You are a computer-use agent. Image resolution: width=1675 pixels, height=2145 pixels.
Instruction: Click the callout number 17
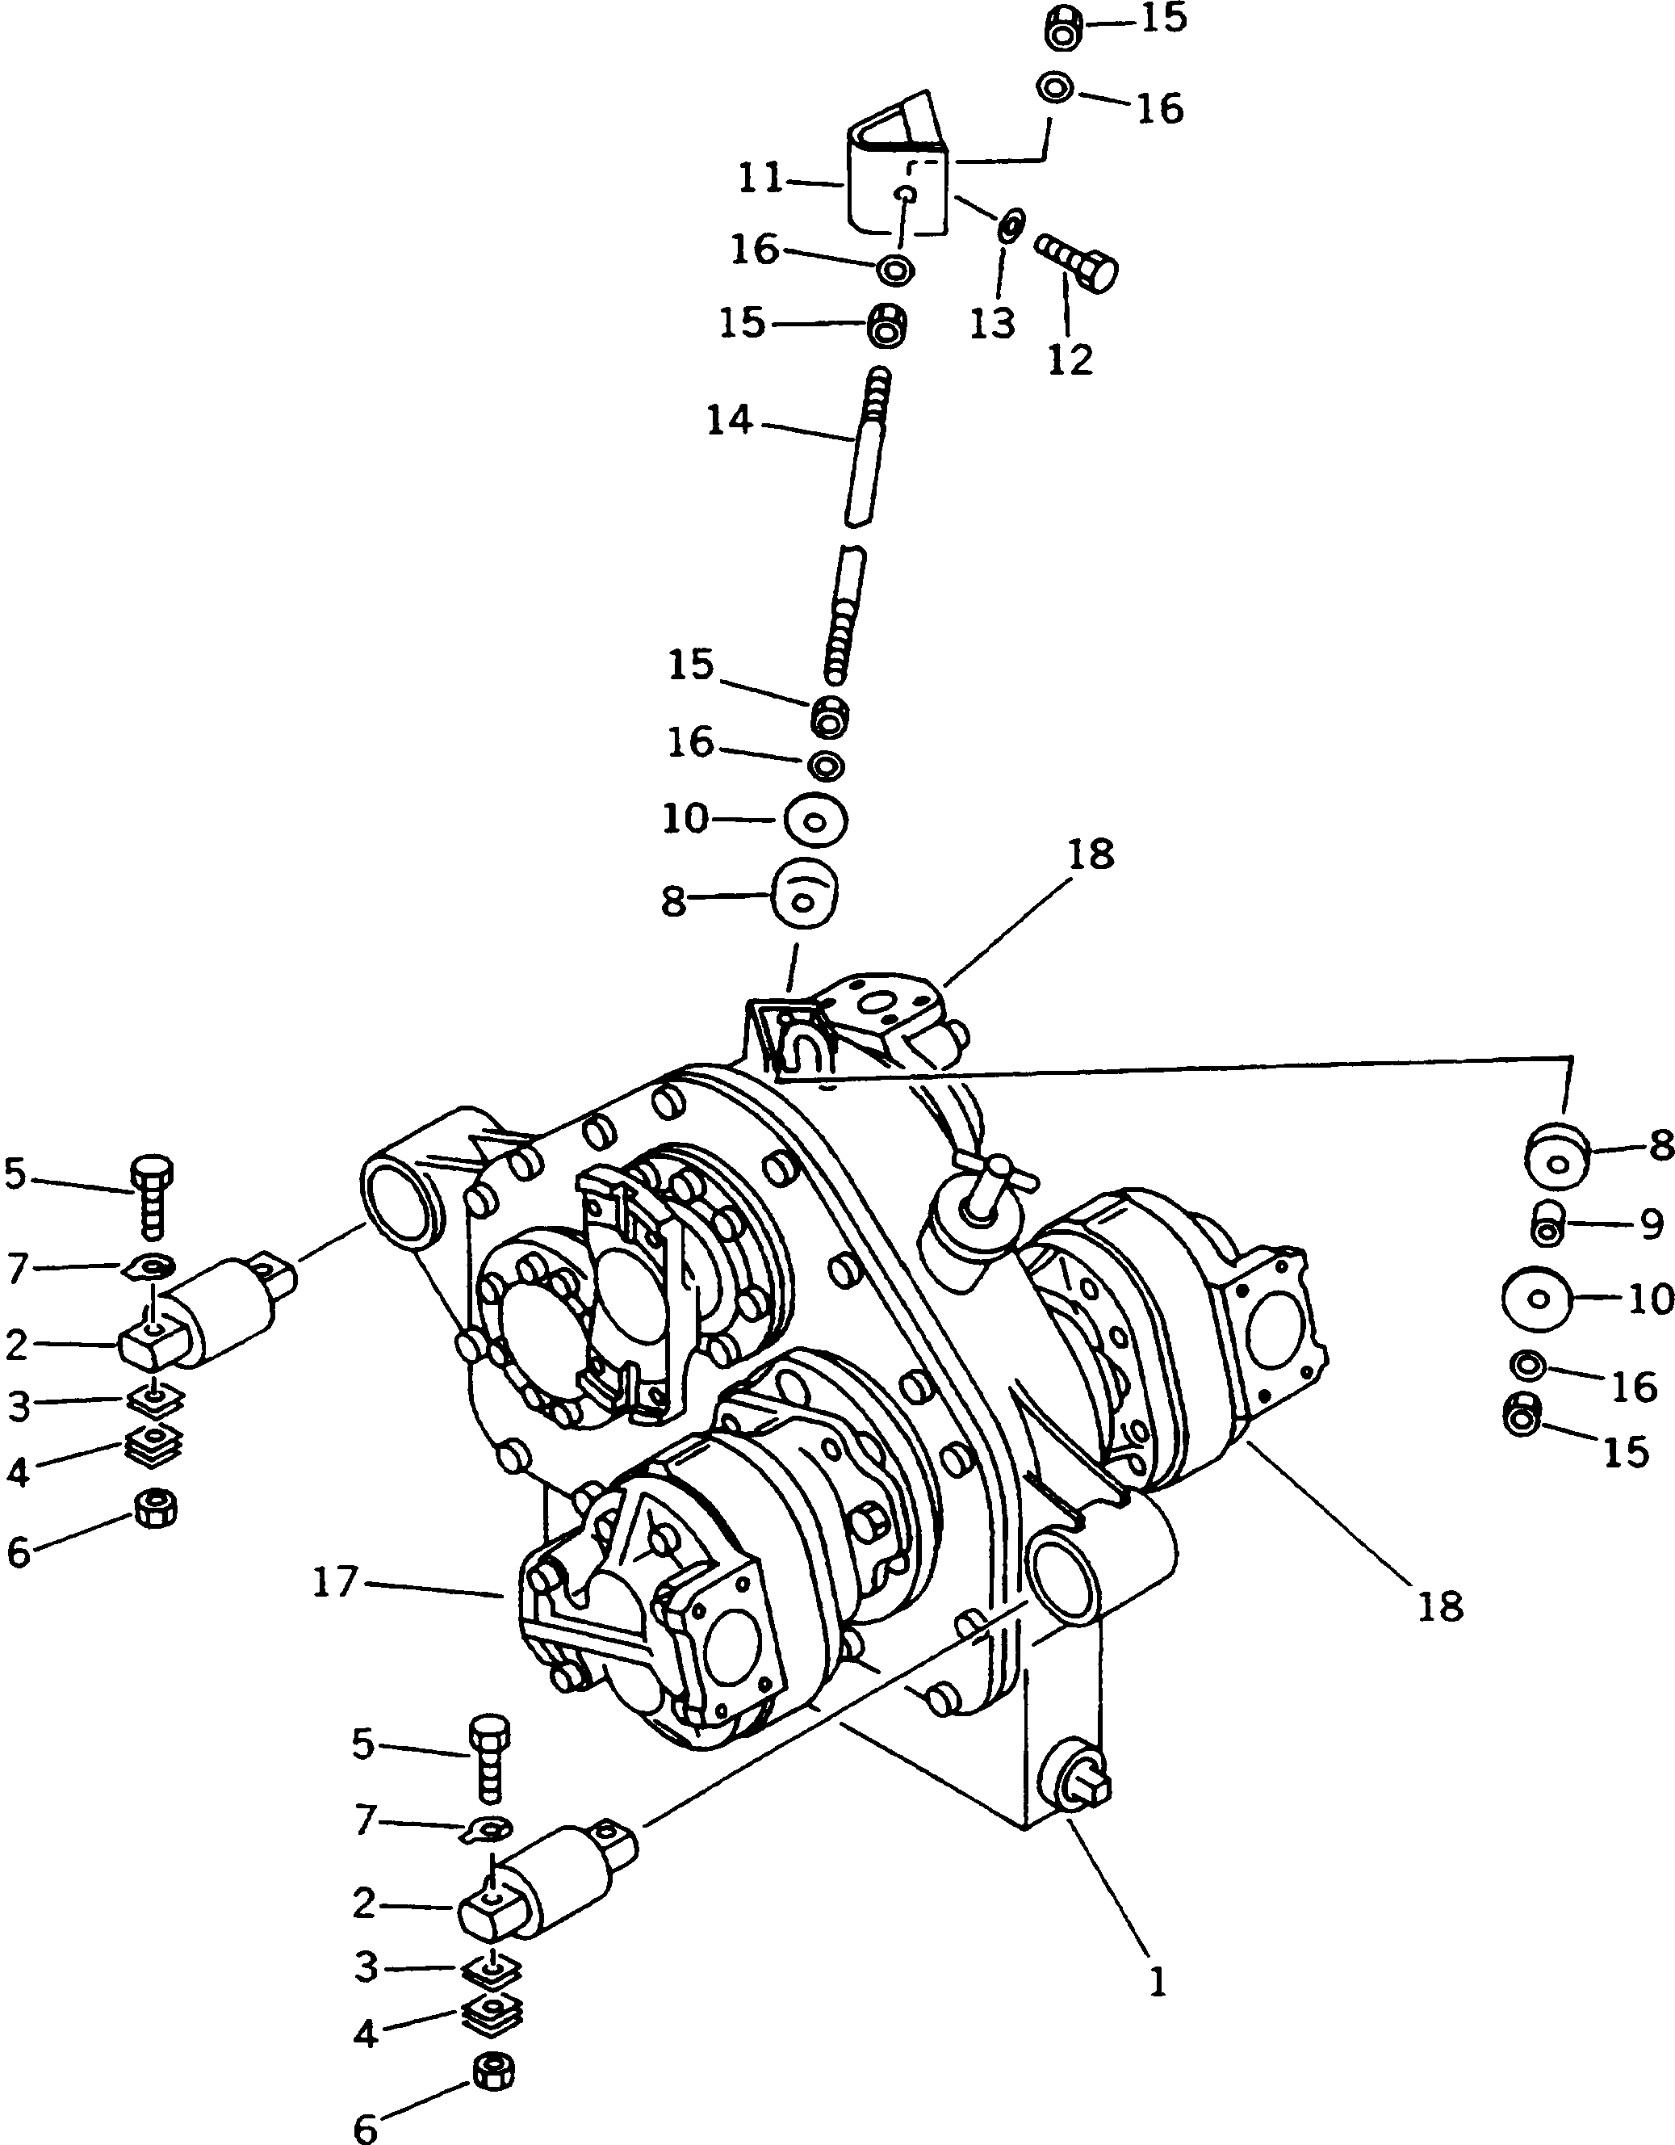[334, 1583]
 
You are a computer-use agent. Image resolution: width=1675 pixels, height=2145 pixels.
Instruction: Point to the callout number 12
[1070, 359]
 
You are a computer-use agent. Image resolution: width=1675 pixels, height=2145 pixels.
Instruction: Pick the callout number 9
[1651, 1223]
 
